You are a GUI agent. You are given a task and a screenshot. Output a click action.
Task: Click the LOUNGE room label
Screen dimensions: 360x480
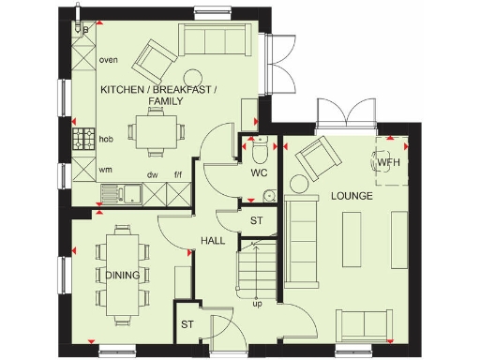(x=352, y=197)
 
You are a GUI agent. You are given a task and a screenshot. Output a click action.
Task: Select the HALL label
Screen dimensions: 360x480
(x=212, y=241)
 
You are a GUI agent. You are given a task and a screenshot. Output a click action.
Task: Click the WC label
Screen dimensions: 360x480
(x=260, y=174)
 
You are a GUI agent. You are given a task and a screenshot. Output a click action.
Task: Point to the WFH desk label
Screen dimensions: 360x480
(x=389, y=162)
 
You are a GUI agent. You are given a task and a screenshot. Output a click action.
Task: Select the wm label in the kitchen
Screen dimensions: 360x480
(x=106, y=171)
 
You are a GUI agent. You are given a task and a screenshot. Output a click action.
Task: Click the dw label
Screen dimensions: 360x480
(x=152, y=175)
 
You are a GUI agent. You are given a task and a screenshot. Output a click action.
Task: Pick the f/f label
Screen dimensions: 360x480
(x=177, y=175)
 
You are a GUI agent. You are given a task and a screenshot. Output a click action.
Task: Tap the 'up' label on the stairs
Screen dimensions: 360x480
(x=256, y=304)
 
